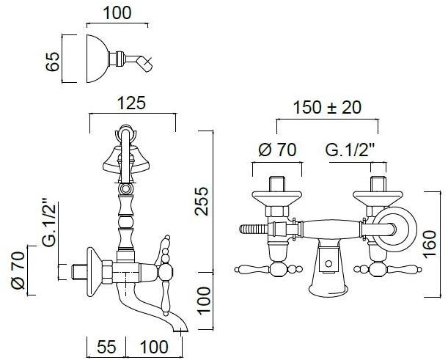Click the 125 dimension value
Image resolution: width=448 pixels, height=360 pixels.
(x=132, y=103)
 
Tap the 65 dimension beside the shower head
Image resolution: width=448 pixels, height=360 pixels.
(x=53, y=61)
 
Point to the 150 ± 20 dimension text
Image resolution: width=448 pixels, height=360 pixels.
(x=327, y=108)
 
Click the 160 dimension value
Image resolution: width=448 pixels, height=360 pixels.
(x=430, y=244)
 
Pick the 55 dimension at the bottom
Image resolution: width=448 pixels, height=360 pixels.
(x=106, y=347)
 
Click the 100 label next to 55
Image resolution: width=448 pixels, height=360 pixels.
(x=154, y=347)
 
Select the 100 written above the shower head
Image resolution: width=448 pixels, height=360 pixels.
(x=117, y=13)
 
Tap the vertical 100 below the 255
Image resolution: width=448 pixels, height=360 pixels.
(x=203, y=301)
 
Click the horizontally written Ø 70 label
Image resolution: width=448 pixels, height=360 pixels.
(x=277, y=150)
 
